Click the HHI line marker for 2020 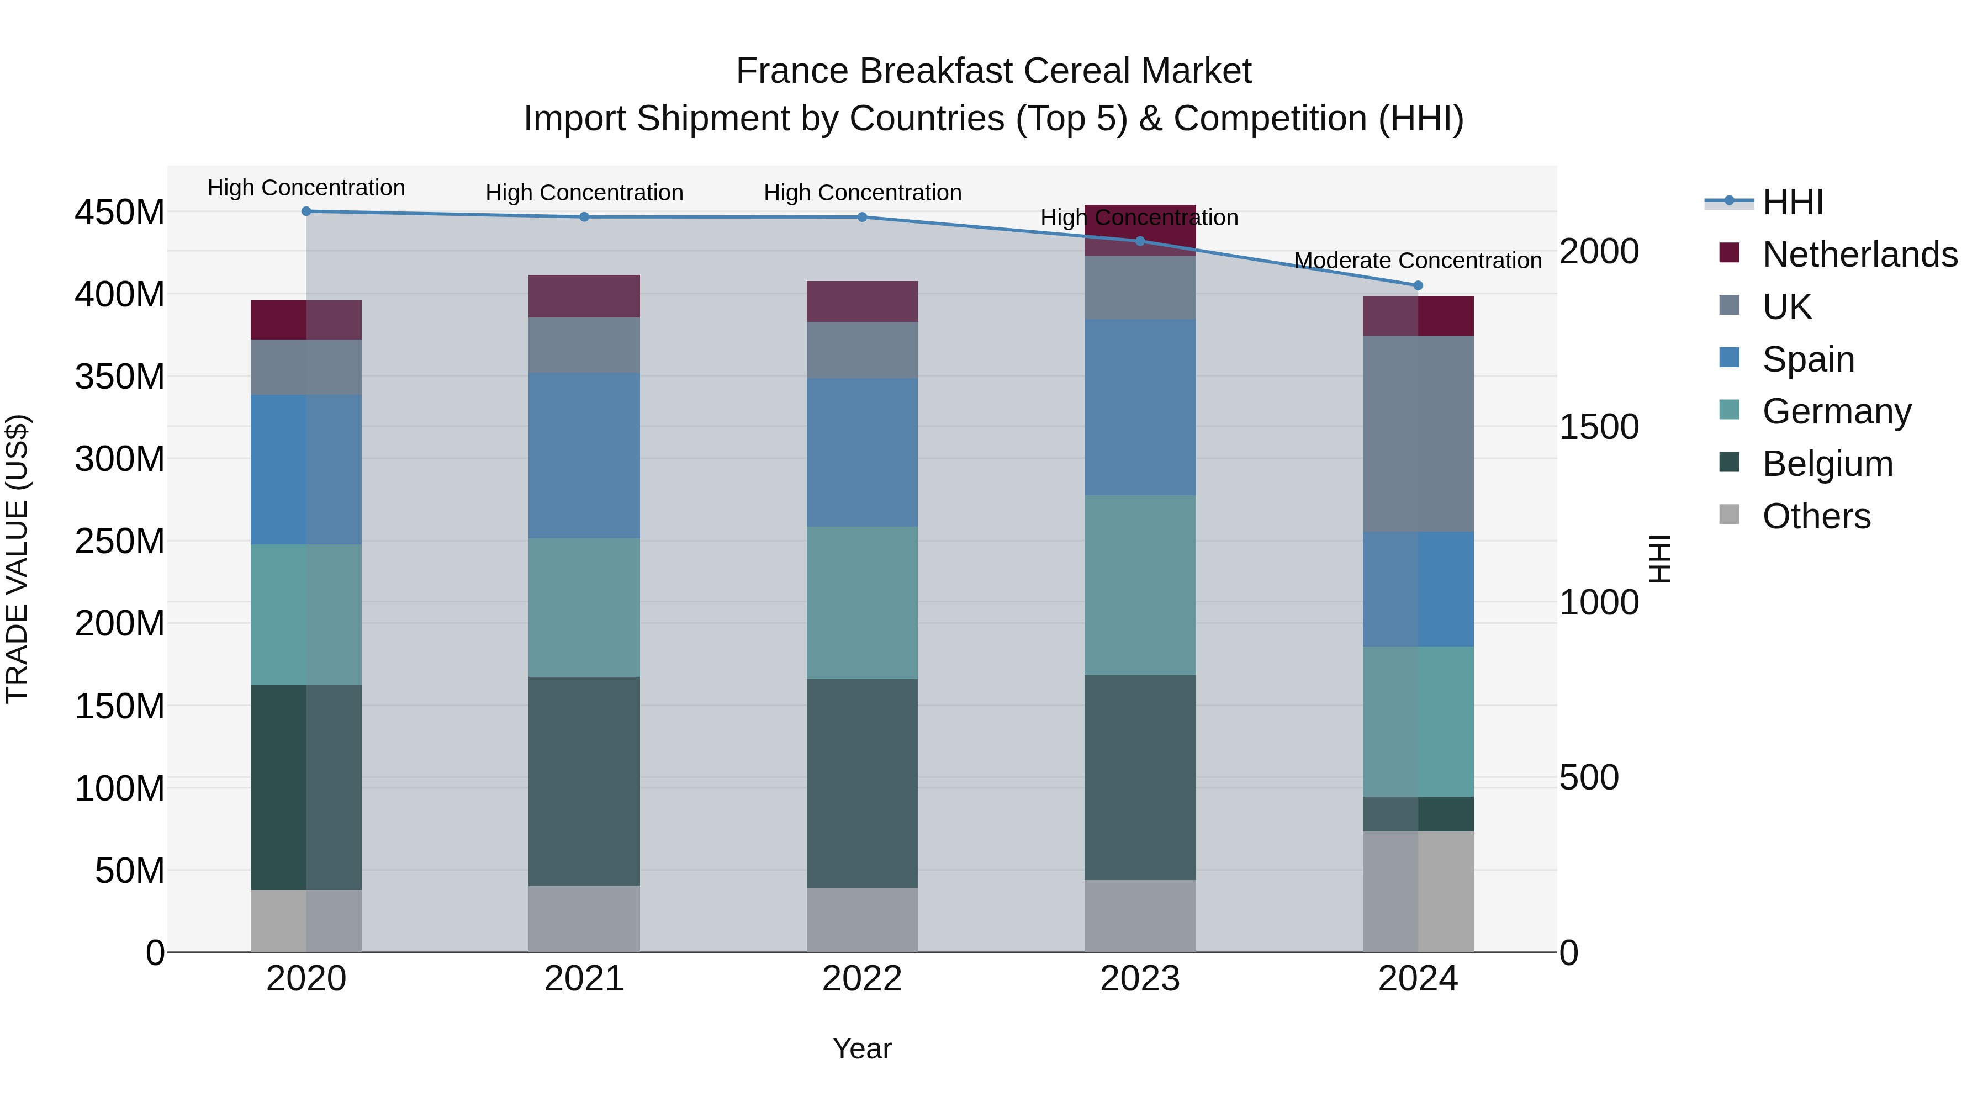[306, 211]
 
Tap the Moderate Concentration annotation [1417, 261]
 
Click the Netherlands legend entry [1860, 255]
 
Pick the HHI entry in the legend [1793, 202]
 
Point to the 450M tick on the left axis [120, 212]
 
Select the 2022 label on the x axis [862, 979]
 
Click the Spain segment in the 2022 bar [862, 452]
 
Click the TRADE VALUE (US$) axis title [17, 559]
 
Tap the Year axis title [862, 1048]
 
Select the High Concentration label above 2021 [584, 192]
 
